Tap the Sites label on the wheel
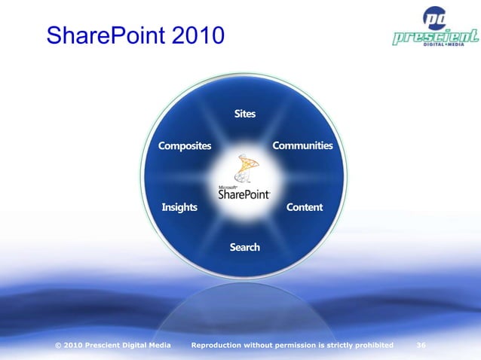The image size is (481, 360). [244, 114]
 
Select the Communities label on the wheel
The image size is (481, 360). [302, 145]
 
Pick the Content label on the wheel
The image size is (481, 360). [304, 207]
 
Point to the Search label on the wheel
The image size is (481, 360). [244, 247]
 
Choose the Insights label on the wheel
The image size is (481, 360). [179, 207]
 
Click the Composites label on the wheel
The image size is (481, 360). [184, 145]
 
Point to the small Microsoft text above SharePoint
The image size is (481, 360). [228, 185]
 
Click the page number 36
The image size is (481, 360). [421, 345]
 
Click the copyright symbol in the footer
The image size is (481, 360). [59, 345]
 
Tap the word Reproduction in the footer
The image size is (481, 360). [221, 345]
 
